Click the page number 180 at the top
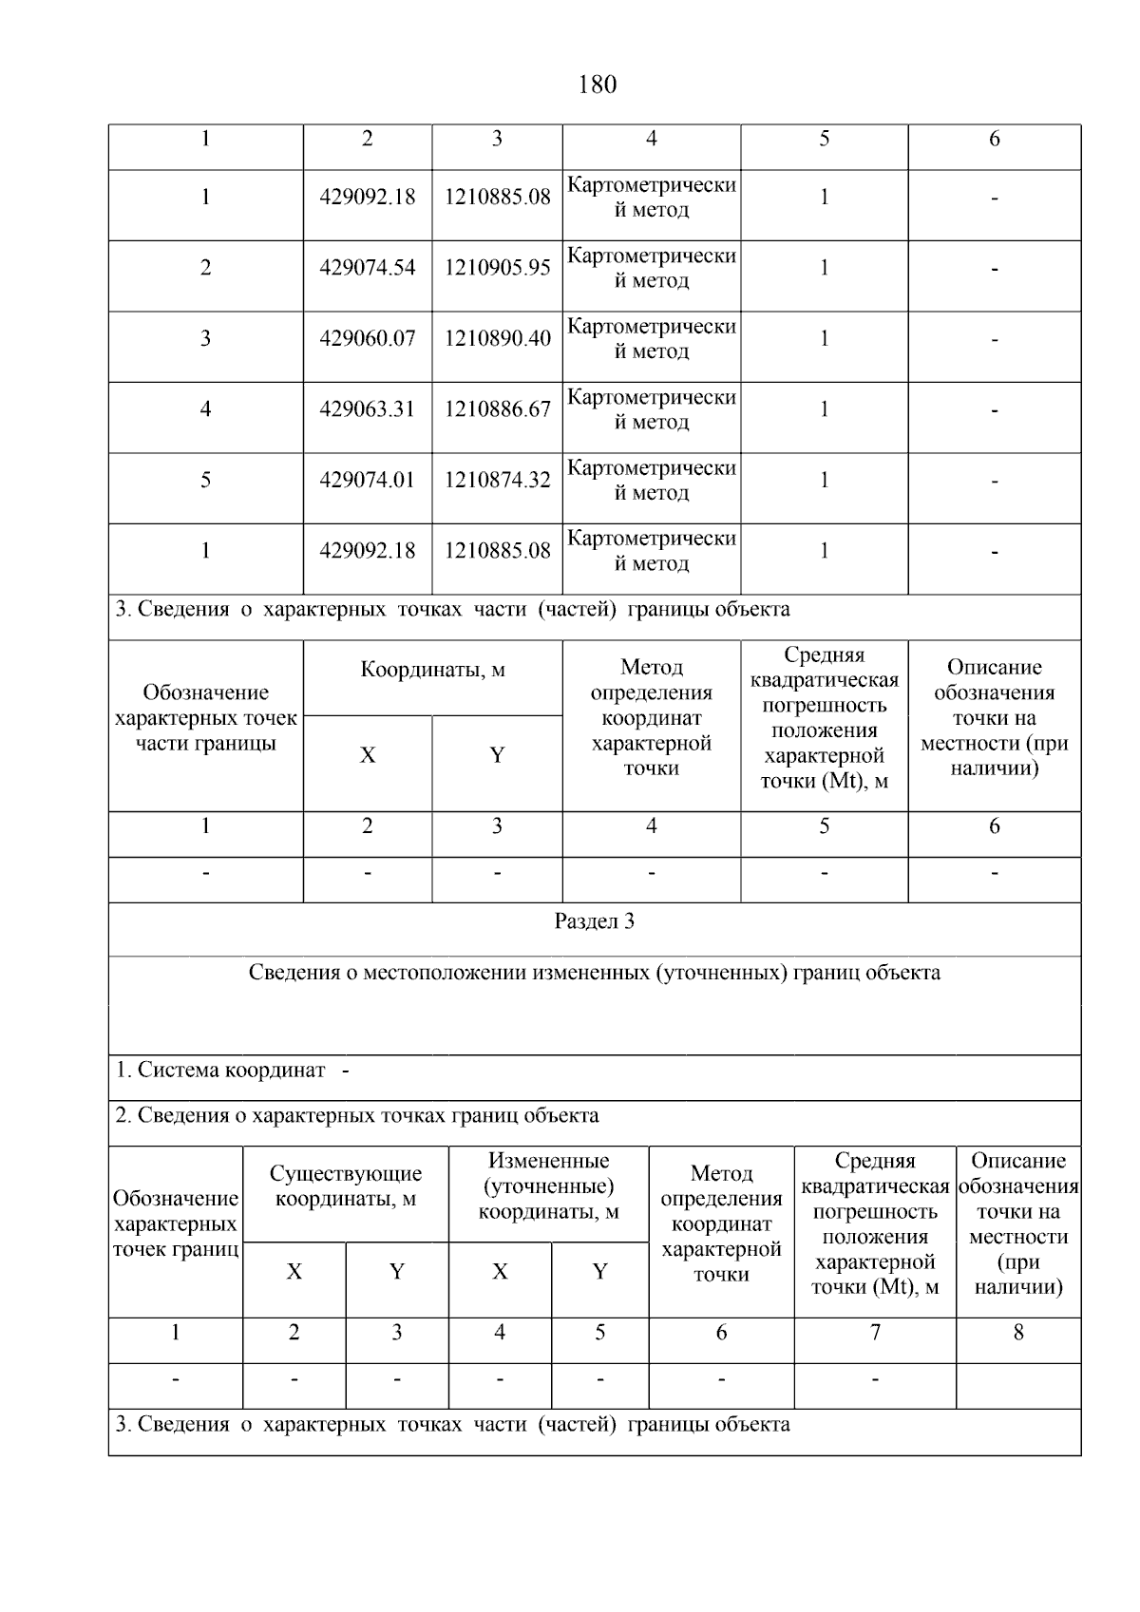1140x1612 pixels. click(x=597, y=85)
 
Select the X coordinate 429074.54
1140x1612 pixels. click(x=368, y=268)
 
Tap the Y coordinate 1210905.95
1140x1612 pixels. click(x=497, y=268)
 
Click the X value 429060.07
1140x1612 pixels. click(x=368, y=339)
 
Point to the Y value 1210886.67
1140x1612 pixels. click(x=497, y=409)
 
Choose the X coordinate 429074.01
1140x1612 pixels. click(x=368, y=481)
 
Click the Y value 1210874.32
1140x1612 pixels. click(x=497, y=481)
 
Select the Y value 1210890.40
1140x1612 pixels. click(x=497, y=339)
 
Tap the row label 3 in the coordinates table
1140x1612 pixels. click(x=205, y=339)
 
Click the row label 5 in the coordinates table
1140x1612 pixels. click(x=205, y=480)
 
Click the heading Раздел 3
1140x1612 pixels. click(x=594, y=921)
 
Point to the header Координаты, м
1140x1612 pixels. click(x=432, y=671)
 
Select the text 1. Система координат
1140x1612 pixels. click(x=220, y=1071)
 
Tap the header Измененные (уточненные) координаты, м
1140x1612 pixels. click(x=548, y=1186)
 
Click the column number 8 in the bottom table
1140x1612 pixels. click(x=1017, y=1333)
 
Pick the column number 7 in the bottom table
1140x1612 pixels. click(x=874, y=1333)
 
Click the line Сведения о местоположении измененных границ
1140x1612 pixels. click(x=594, y=973)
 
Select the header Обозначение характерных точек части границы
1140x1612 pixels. click(x=205, y=718)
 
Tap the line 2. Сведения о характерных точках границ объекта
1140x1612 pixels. click(x=357, y=1115)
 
